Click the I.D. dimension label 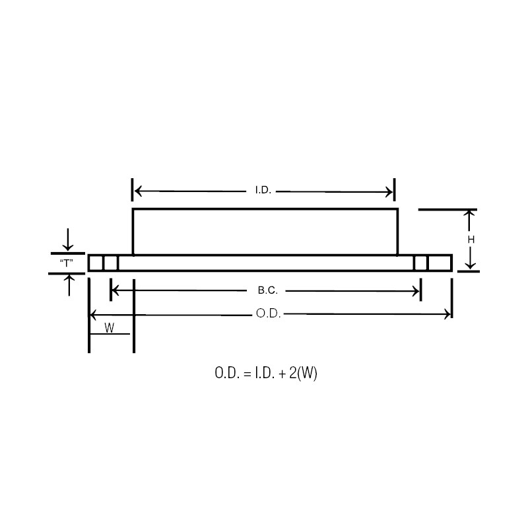tap(263, 191)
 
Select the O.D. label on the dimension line tap(268, 314)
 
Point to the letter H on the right tap(471, 240)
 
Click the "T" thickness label tap(67, 263)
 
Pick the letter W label tap(109, 327)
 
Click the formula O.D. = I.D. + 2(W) tap(266, 373)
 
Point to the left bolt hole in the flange tap(110, 263)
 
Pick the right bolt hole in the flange tap(420, 263)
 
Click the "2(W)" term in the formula tap(304, 373)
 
